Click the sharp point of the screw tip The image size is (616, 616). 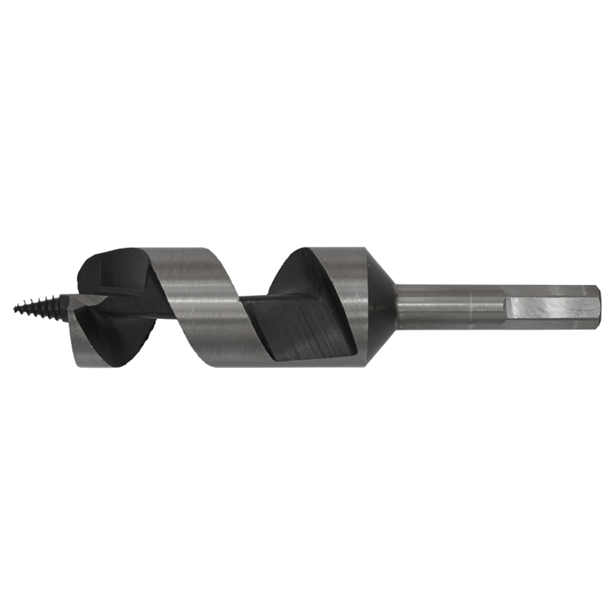(15, 309)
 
